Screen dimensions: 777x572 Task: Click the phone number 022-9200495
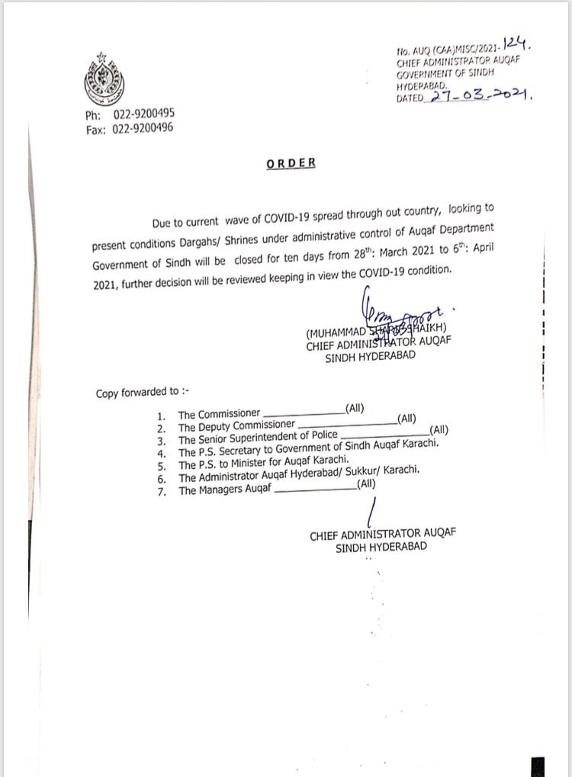(x=143, y=114)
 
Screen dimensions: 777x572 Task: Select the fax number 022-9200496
(x=143, y=128)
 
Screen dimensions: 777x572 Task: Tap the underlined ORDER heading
(x=291, y=163)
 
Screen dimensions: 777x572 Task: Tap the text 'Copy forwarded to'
(x=142, y=393)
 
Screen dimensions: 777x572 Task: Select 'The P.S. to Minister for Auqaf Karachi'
(x=263, y=464)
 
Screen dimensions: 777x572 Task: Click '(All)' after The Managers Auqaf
(x=366, y=483)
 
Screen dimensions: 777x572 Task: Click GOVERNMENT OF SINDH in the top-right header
(x=445, y=72)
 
